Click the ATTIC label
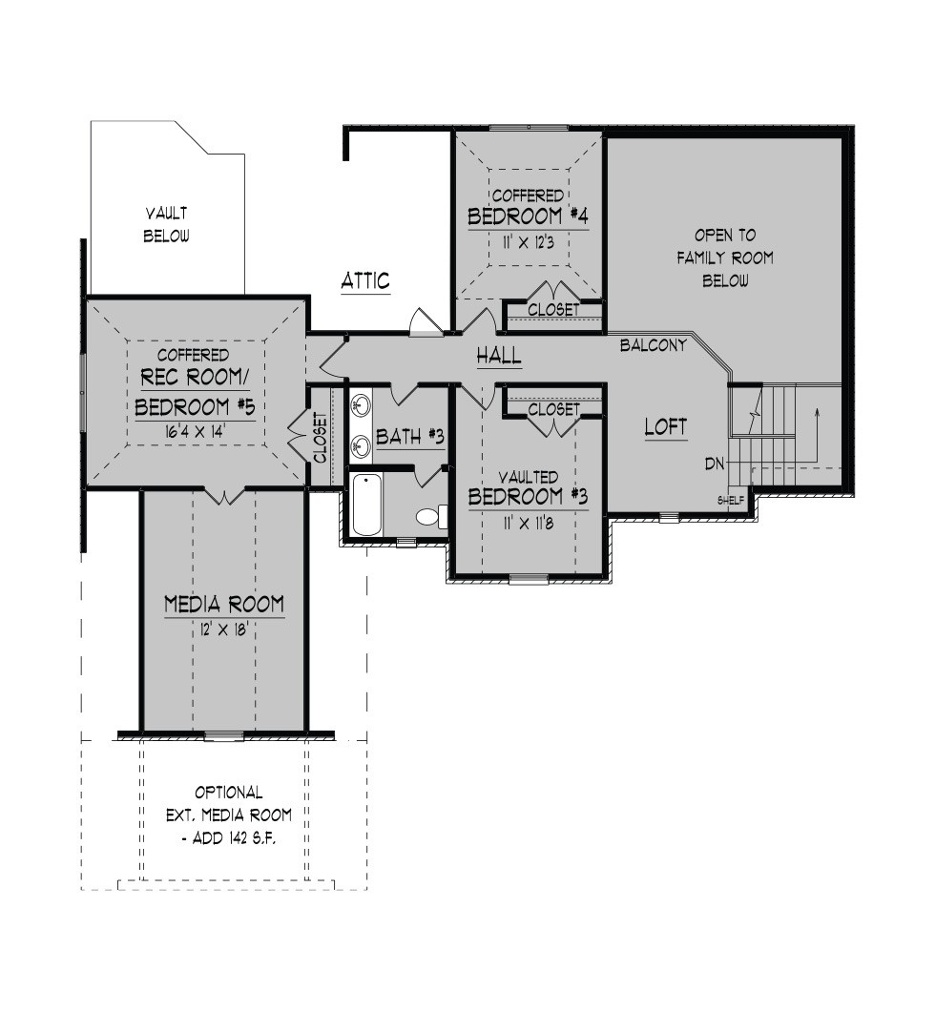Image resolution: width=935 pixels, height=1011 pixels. tap(365, 280)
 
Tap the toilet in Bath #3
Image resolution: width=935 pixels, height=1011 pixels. tap(431, 515)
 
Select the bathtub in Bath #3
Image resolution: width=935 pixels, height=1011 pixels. tap(366, 505)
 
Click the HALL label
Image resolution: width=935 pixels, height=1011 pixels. tap(498, 355)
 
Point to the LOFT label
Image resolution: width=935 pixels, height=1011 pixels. tap(665, 426)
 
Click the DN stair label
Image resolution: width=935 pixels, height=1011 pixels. tap(714, 463)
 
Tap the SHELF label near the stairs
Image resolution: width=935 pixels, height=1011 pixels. tap(731, 501)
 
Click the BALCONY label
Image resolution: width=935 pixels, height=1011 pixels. tap(654, 345)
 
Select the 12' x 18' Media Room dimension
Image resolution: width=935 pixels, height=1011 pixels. tap(224, 629)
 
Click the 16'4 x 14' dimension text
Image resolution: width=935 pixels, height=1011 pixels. tap(194, 431)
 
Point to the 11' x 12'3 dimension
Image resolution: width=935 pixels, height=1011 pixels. tap(529, 242)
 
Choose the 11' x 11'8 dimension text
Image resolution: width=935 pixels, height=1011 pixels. tap(529, 523)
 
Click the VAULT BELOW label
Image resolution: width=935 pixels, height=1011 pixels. tap(166, 224)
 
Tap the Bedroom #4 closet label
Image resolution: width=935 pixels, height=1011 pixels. tap(553, 310)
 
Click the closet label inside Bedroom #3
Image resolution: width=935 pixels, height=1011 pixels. tap(553, 409)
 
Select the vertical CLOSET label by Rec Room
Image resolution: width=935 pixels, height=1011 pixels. tap(321, 437)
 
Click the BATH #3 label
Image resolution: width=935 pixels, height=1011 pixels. tap(410, 437)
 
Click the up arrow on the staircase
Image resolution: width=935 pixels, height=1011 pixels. tap(817, 435)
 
